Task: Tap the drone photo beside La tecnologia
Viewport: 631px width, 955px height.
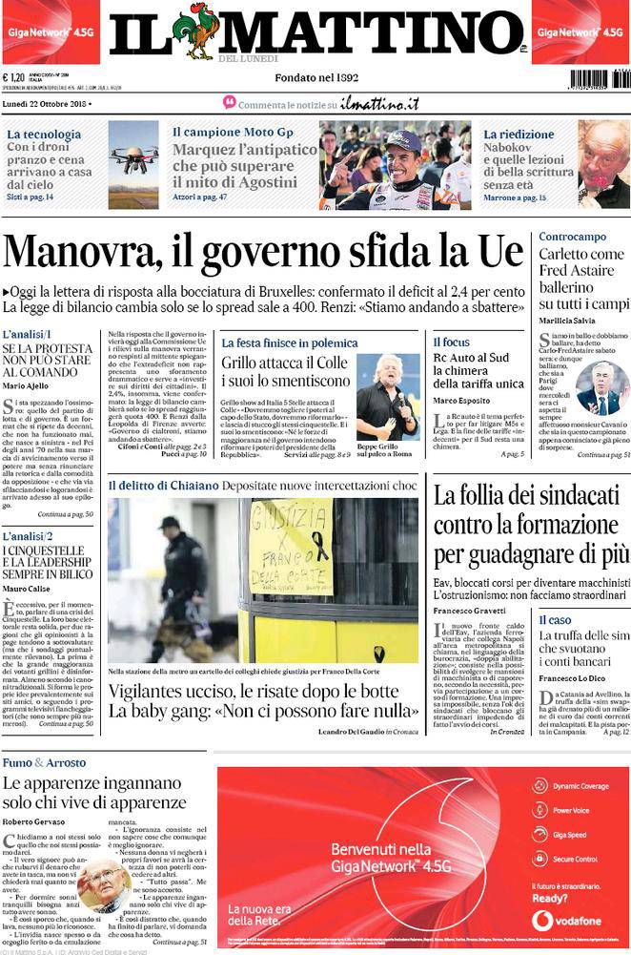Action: pos(132,163)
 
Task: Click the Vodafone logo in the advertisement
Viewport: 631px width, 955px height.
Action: pos(541,920)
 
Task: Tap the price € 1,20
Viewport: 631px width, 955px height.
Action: pos(14,79)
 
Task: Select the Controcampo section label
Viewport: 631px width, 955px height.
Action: pos(572,236)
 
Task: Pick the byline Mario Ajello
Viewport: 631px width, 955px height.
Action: pos(27,386)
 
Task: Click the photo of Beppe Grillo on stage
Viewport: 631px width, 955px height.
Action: pos(387,394)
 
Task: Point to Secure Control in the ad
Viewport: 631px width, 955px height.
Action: pos(573,860)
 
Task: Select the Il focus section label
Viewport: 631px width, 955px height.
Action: pos(452,342)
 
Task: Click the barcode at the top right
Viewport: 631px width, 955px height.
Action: pos(600,78)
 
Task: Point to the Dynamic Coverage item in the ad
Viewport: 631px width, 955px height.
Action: pos(580,786)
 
